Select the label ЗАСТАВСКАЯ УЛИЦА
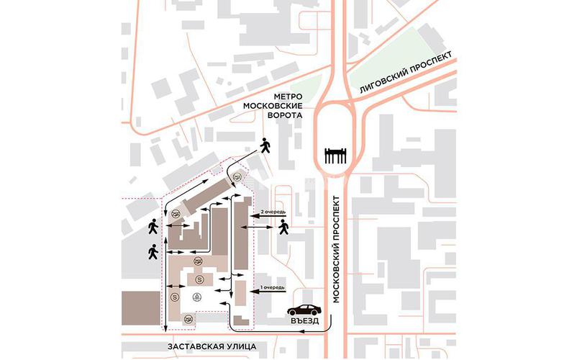point(211,346)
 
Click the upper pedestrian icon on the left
point(153,228)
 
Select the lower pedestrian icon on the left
point(152,252)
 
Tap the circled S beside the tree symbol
point(175,296)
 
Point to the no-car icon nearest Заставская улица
point(188,318)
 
